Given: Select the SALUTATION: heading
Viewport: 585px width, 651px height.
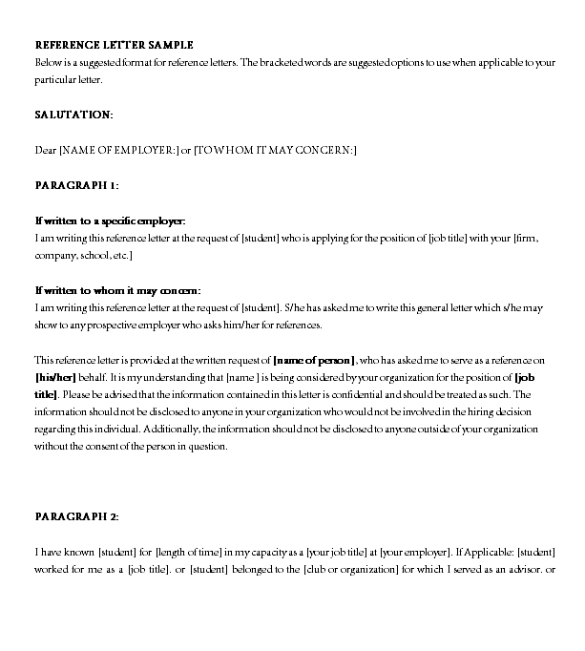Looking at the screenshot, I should [73, 115].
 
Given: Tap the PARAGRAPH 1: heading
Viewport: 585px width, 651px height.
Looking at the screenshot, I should [76, 184].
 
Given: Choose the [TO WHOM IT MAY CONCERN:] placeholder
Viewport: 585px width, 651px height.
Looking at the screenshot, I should [275, 150].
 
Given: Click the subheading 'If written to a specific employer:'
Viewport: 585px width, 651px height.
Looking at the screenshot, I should [110, 220].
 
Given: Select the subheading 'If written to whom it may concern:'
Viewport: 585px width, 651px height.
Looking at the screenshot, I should [117, 290].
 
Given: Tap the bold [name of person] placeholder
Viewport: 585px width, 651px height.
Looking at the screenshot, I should [314, 360].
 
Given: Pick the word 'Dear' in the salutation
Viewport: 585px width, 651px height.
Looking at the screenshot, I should [45, 150].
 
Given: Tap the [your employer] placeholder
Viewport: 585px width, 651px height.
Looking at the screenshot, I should [413, 552].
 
